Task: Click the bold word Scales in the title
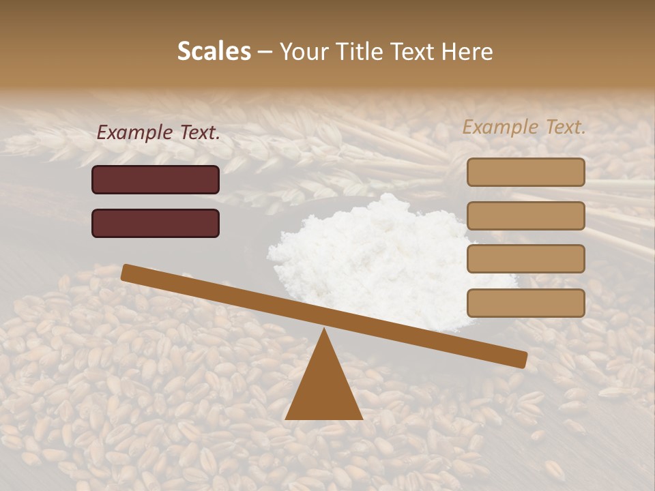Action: coord(214,51)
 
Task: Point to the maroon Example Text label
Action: coord(158,133)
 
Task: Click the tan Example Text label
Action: coord(524,127)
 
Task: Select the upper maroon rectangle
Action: coord(156,179)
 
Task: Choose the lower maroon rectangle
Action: coord(156,223)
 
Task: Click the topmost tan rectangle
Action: coord(525,172)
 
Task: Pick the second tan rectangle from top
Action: coord(525,215)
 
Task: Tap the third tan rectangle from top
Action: coord(525,259)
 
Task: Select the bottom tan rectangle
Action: coord(525,303)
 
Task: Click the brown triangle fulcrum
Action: coord(324,389)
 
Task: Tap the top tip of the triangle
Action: coord(324,330)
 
